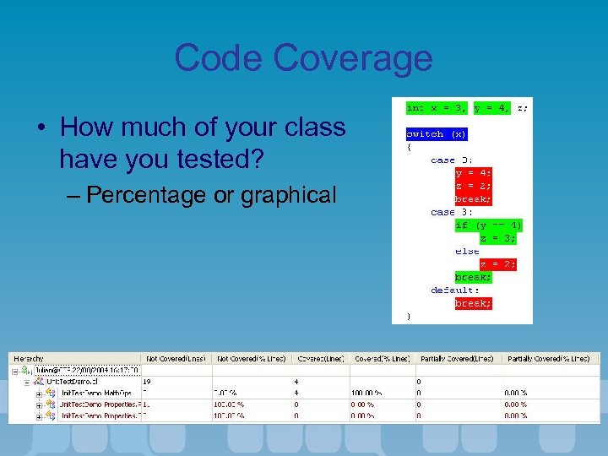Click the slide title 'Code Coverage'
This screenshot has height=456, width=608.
[x=303, y=58]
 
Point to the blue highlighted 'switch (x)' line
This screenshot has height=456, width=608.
[x=437, y=133]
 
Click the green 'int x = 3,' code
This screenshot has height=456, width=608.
[x=437, y=107]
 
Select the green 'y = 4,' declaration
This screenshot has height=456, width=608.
[x=491, y=107]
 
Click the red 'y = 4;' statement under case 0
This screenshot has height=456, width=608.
[x=473, y=173]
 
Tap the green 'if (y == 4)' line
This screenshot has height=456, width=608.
[x=488, y=225]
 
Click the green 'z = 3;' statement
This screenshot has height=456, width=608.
[x=497, y=238]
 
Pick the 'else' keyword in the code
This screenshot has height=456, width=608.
[x=467, y=251]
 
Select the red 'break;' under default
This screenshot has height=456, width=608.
[x=473, y=303]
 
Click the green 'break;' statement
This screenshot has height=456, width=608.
[x=473, y=277]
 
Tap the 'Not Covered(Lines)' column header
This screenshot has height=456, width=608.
[x=176, y=359]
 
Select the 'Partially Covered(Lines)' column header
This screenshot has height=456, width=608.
[x=454, y=359]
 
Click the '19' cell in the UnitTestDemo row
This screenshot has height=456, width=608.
[x=148, y=382]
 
